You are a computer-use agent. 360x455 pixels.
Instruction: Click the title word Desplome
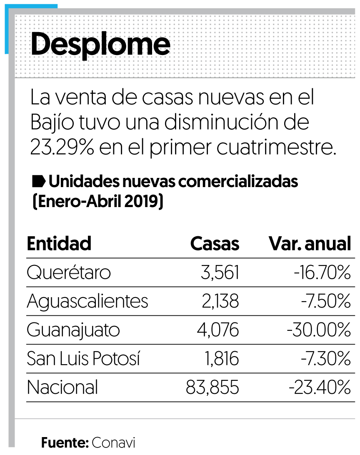click(100, 45)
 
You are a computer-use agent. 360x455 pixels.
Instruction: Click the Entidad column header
click(59, 244)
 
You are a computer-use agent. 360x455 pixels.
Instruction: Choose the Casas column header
click(215, 244)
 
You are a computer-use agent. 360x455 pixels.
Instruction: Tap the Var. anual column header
click(310, 244)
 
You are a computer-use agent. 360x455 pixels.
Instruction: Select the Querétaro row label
click(69, 273)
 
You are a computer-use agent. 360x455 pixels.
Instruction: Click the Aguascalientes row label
click(87, 301)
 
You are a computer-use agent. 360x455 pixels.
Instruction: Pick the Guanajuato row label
click(73, 330)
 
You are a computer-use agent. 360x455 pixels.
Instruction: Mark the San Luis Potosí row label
click(83, 359)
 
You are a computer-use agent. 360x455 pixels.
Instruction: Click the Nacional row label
click(62, 387)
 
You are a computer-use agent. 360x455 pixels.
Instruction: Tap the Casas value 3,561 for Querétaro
click(220, 273)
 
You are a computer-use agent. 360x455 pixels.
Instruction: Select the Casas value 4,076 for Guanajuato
click(218, 330)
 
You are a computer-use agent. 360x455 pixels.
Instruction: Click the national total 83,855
click(212, 387)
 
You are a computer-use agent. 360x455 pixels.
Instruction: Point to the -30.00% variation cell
click(319, 330)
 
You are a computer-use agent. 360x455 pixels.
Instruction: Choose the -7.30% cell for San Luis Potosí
click(325, 359)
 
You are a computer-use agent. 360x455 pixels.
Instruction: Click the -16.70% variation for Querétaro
click(322, 273)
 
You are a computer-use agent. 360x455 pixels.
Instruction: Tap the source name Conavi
click(114, 442)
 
